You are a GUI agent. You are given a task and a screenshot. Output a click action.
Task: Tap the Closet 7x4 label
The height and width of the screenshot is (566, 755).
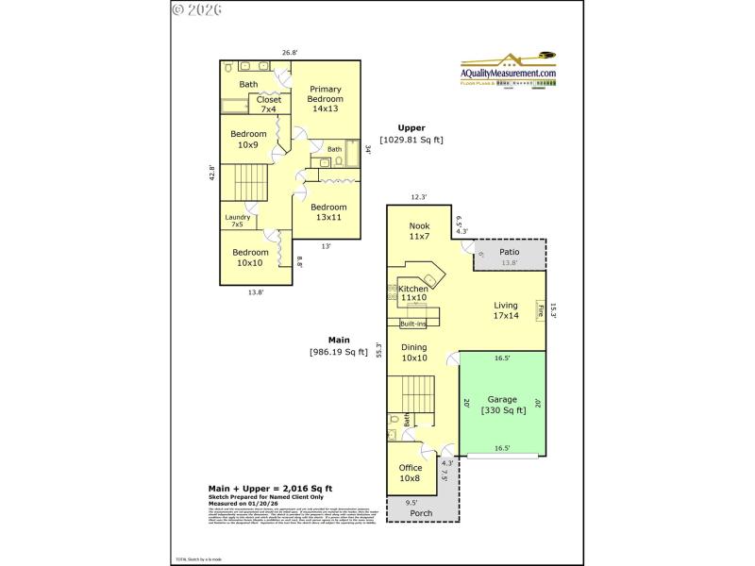[268, 104]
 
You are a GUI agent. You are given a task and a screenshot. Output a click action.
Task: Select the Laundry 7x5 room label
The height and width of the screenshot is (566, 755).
[237, 221]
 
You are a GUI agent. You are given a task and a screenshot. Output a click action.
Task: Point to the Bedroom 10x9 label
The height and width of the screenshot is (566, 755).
[247, 140]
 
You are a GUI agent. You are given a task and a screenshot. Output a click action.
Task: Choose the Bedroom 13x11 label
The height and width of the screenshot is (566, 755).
[328, 212]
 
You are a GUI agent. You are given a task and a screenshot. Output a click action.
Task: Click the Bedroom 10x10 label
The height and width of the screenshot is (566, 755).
[251, 258]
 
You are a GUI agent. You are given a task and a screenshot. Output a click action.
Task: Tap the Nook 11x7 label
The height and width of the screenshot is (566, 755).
[419, 232]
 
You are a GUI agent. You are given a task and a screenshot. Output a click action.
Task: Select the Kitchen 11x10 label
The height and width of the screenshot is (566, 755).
[413, 293]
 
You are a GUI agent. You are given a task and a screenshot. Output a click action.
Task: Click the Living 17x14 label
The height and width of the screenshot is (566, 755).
[505, 310]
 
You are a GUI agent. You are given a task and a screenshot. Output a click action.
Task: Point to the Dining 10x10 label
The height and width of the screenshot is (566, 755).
[414, 353]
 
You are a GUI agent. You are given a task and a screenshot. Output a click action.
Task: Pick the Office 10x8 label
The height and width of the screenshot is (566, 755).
[410, 474]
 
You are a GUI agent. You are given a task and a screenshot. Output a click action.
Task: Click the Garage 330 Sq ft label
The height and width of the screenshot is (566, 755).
[502, 405]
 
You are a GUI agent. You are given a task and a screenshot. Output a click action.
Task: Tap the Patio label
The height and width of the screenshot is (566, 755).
[510, 252]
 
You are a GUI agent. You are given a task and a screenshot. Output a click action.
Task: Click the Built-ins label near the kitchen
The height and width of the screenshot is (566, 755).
[413, 324]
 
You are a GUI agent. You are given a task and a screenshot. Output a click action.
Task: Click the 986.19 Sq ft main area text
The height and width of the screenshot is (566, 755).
[338, 352]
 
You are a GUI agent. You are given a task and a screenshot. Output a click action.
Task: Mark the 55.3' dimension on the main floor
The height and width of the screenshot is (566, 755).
[378, 351]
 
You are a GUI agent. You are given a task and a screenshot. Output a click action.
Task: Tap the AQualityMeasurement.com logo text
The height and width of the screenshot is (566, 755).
[508, 73]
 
